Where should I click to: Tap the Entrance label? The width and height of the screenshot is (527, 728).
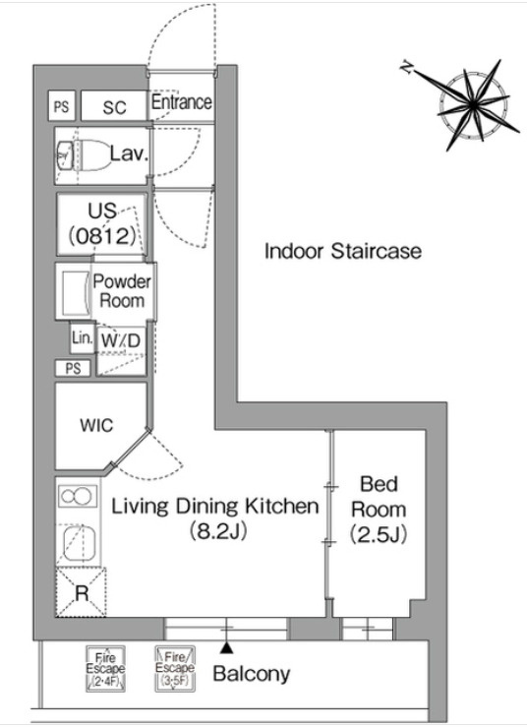point(181,101)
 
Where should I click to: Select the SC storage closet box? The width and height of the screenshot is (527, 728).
point(114,106)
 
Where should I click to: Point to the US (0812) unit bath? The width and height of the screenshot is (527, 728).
point(102,224)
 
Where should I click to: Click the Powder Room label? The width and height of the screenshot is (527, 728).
point(122,291)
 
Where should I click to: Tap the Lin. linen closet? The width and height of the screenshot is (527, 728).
point(83,337)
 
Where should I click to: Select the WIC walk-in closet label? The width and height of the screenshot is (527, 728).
point(96,425)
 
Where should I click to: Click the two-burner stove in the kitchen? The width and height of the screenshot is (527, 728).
point(78,496)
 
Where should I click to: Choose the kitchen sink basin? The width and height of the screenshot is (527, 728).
point(79,543)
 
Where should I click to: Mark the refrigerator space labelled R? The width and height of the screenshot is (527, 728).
point(82,592)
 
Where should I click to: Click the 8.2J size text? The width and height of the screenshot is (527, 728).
point(217,531)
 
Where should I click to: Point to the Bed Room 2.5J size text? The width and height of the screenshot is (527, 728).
point(379,534)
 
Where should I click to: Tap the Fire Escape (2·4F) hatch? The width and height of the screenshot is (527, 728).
point(105,669)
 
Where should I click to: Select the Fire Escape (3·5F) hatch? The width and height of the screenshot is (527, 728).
point(175,669)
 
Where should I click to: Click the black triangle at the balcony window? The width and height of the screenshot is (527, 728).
point(226,647)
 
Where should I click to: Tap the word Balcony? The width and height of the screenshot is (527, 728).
point(252,674)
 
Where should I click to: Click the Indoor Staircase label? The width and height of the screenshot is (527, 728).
point(343,251)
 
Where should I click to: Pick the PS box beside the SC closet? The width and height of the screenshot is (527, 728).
point(62,106)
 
